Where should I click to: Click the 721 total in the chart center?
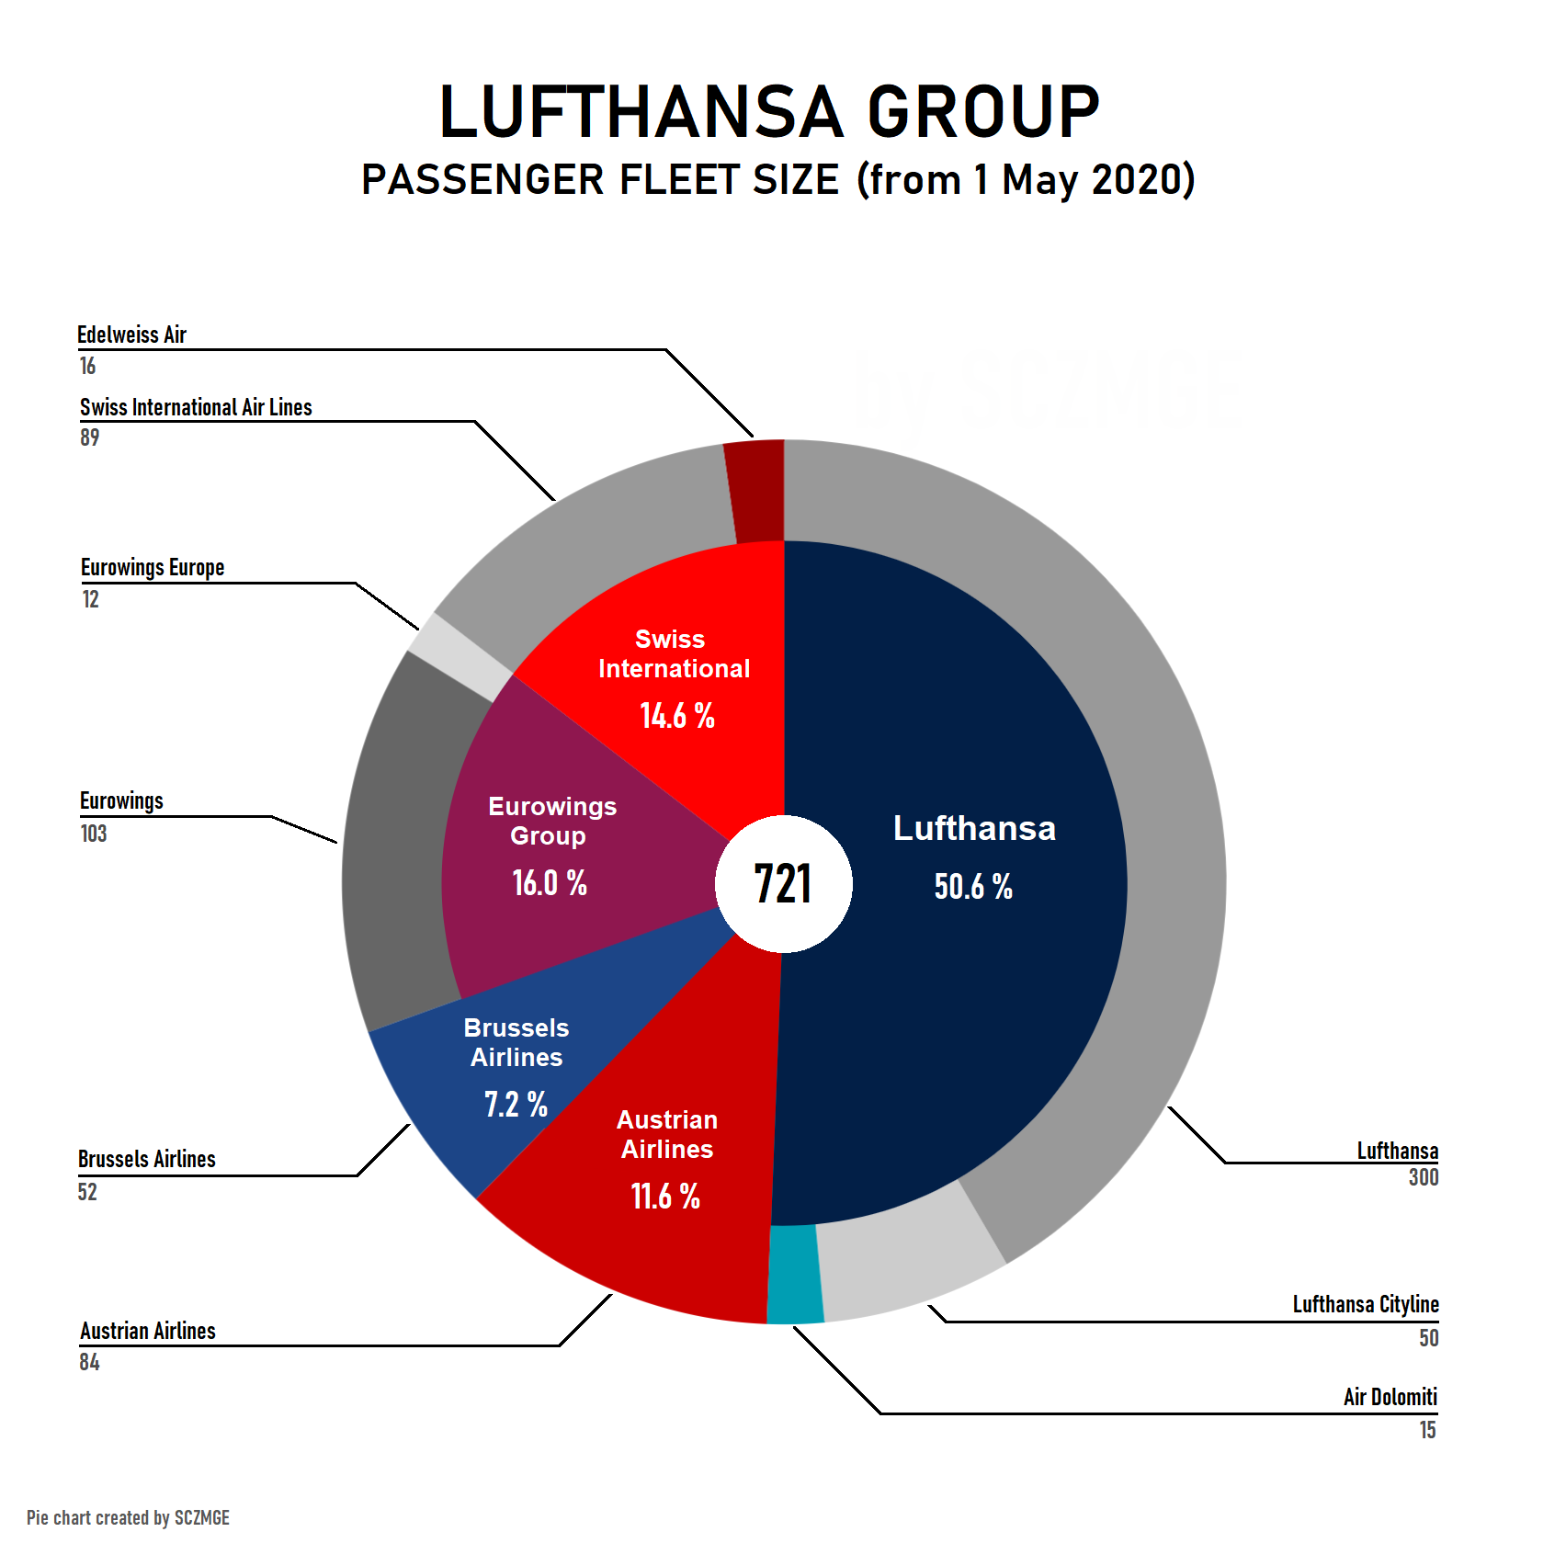(x=783, y=884)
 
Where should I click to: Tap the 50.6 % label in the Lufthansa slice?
(x=973, y=887)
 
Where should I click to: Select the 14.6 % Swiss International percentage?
(x=677, y=716)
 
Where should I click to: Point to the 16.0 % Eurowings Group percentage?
(x=550, y=883)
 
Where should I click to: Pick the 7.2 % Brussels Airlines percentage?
(x=516, y=1104)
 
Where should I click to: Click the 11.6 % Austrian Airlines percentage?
(x=665, y=1197)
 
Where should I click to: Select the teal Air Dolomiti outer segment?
(x=794, y=1275)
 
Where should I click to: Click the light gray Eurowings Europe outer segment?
(x=460, y=656)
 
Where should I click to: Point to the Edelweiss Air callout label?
(x=131, y=335)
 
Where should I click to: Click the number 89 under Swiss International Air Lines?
(x=89, y=437)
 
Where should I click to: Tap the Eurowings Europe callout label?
(x=153, y=568)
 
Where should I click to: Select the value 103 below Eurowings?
(x=94, y=834)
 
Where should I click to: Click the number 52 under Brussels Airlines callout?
(x=87, y=1192)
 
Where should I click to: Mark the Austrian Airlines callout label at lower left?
(x=148, y=1331)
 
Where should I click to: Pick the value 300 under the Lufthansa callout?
(x=1423, y=1177)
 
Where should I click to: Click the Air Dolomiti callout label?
(x=1390, y=1397)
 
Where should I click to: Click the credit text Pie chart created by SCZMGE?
(x=128, y=1517)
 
